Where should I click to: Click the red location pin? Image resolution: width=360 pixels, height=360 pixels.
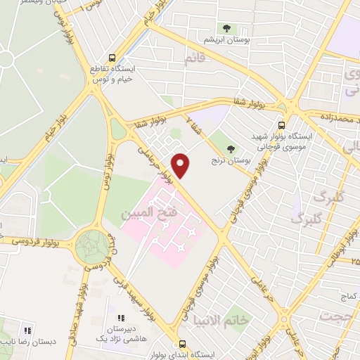(181, 165)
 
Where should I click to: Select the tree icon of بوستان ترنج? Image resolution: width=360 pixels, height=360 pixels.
(232, 148)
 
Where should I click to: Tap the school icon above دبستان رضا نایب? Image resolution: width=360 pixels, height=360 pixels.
(27, 330)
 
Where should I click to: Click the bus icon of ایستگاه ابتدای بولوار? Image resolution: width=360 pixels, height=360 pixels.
(182, 345)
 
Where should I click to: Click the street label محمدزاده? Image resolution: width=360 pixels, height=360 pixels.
(335, 115)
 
